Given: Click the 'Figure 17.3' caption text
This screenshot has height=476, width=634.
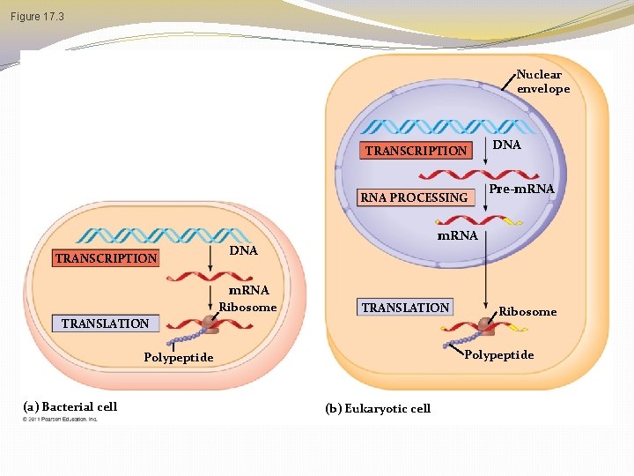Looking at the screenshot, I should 37,17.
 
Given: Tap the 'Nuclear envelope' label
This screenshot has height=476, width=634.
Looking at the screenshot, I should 542,82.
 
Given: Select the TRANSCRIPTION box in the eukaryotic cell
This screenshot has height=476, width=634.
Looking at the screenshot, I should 416,151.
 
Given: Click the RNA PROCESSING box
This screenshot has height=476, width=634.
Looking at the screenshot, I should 414,197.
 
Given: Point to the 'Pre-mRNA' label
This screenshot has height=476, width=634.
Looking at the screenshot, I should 521,190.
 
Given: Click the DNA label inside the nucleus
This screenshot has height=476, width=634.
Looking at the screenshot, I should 506,144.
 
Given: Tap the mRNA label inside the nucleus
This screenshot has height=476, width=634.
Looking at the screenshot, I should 458,235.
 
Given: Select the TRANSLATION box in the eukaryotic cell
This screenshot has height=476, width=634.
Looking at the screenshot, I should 405,308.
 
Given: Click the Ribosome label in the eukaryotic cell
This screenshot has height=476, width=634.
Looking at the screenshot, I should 527,311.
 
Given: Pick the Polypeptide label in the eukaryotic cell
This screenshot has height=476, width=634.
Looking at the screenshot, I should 498,354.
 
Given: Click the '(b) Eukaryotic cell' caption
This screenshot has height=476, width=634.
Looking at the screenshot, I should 378,408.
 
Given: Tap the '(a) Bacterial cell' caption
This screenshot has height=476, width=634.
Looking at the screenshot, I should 70,406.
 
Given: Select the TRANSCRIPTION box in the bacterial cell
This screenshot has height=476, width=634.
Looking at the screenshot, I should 106,258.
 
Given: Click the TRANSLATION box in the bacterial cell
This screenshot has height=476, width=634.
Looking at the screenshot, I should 105,324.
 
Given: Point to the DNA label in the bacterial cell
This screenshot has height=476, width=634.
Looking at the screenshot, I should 243,251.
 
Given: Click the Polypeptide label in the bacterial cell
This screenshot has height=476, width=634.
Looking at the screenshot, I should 179,357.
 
